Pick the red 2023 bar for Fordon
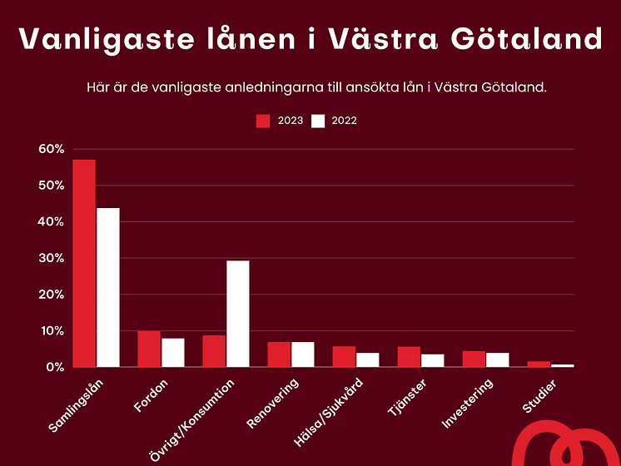coord(149,349)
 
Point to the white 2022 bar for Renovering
coord(302,354)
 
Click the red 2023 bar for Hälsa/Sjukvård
coord(344,356)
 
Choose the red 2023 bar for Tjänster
coord(409,356)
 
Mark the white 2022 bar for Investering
coord(497,359)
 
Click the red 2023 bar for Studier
coord(539,364)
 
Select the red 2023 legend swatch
coord(263,121)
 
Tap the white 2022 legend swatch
coord(318,121)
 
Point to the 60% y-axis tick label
coord(52,149)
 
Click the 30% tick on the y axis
coord(52,258)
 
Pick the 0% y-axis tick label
coord(55,367)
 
